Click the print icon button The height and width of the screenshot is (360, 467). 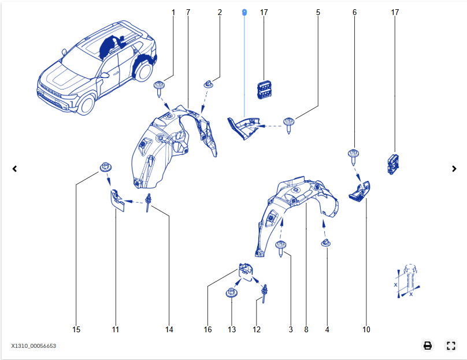click(428, 346)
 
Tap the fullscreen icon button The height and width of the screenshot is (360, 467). click(451, 346)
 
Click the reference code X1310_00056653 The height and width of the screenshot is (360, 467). click(34, 346)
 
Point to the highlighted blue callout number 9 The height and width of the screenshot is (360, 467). click(244, 12)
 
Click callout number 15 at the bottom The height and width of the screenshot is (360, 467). click(76, 329)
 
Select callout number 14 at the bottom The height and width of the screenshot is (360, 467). click(169, 329)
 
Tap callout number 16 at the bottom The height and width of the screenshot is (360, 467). click(208, 329)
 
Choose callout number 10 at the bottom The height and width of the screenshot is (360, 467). click(366, 329)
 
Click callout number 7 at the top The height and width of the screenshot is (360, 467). click(188, 12)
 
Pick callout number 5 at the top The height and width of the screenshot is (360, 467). click(318, 12)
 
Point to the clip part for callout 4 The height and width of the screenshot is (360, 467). click(326, 243)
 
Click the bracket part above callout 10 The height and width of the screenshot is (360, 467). click(359, 191)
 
